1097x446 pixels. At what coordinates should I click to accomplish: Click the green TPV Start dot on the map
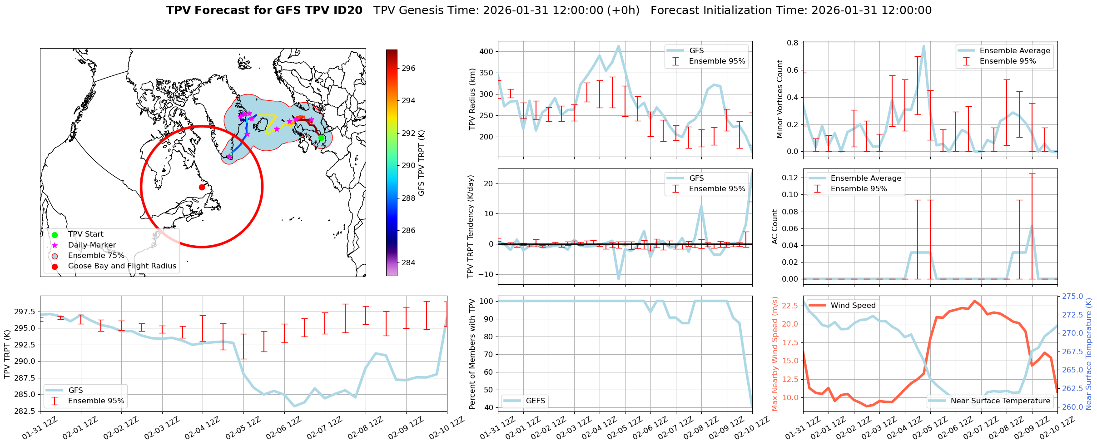pos(321,138)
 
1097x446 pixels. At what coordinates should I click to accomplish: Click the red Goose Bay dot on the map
pos(202,187)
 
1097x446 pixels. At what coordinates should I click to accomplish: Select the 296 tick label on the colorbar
pos(408,69)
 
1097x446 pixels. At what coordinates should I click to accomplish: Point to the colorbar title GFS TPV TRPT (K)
pos(422,163)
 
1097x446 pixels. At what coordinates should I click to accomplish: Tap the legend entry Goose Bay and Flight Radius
pos(122,266)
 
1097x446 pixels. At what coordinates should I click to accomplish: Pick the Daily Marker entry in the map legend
pos(92,245)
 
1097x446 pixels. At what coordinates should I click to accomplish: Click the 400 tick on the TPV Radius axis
pos(486,52)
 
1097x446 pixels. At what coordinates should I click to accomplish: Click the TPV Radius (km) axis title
pos(472,99)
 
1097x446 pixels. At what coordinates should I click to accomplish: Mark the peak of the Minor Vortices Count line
pos(923,46)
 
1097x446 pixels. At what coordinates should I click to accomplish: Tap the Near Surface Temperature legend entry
pos(1000,401)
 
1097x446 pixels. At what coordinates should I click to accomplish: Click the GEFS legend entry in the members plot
pos(535,401)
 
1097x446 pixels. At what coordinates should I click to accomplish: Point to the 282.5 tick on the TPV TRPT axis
pos(25,411)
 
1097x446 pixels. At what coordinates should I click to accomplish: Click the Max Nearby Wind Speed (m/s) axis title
pos(775,354)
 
